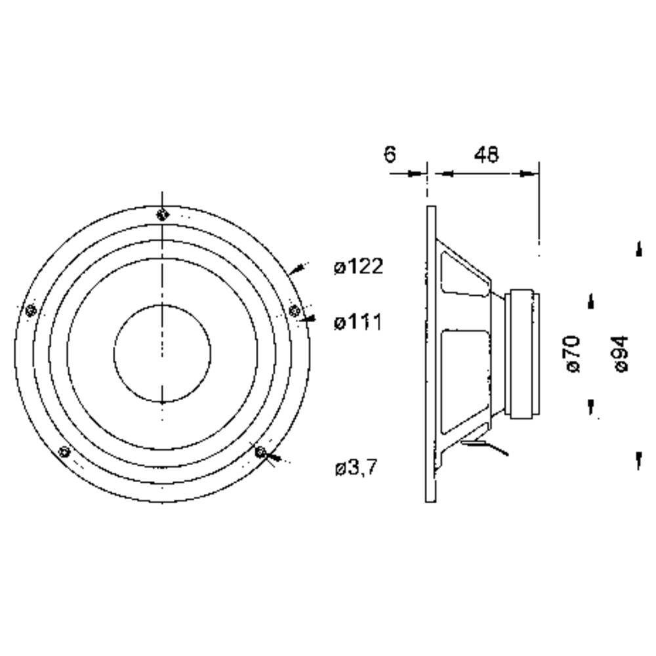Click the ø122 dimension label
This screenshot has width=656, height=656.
(359, 266)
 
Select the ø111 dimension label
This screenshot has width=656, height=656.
(358, 322)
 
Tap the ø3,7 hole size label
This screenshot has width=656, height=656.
(356, 467)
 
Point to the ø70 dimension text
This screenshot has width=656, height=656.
(572, 354)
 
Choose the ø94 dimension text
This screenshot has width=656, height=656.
(621, 354)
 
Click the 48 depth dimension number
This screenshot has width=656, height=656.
(487, 154)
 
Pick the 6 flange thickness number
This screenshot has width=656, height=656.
(390, 154)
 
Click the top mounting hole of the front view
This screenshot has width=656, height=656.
(162, 215)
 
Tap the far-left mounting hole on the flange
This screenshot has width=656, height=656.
(31, 310)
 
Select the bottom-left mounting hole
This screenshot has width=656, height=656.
(64, 452)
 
